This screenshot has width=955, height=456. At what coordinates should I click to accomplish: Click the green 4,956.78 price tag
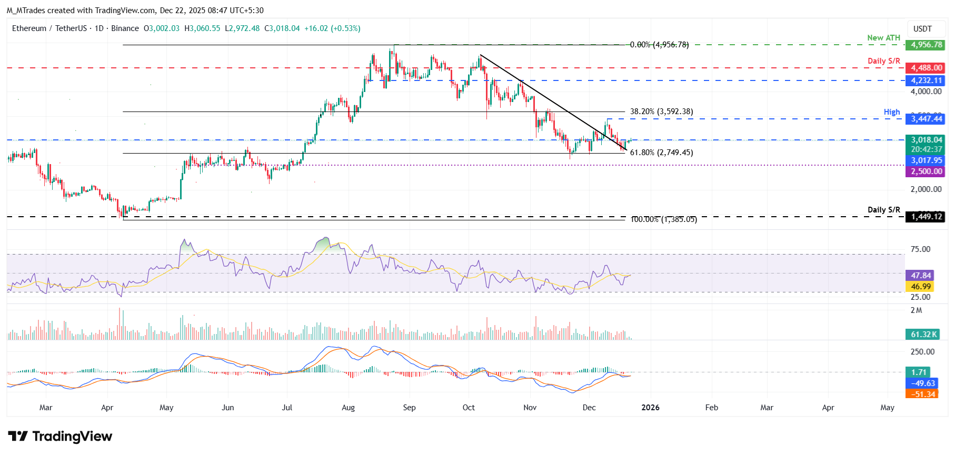(926, 45)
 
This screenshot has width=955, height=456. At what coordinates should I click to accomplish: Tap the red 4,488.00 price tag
(926, 68)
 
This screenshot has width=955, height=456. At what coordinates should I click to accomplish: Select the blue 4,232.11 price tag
(926, 80)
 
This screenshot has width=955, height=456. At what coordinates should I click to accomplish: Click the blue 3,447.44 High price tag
(926, 119)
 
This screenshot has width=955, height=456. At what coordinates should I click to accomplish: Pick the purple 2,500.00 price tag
(926, 171)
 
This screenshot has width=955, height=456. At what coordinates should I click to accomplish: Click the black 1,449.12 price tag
(926, 217)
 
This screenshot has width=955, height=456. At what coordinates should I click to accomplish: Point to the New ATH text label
(883, 38)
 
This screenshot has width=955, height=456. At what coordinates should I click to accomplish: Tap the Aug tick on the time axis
(348, 408)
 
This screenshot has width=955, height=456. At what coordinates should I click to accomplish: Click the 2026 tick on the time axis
(650, 408)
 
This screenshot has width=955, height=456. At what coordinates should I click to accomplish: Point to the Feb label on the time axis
(711, 408)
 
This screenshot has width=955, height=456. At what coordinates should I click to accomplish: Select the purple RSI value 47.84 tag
(920, 276)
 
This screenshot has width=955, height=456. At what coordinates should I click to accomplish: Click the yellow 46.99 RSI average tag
(920, 287)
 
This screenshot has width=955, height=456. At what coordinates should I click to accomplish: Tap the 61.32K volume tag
(923, 335)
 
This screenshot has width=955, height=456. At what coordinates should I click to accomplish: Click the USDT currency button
(922, 29)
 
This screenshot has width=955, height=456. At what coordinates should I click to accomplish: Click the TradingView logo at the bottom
(60, 437)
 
